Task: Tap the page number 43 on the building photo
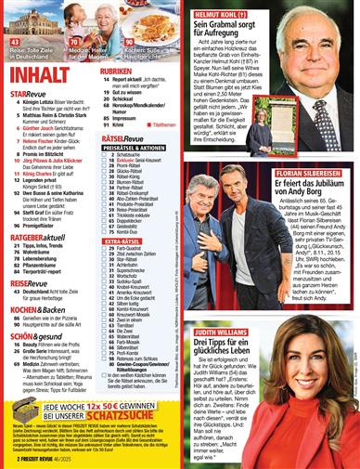(15, 42)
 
